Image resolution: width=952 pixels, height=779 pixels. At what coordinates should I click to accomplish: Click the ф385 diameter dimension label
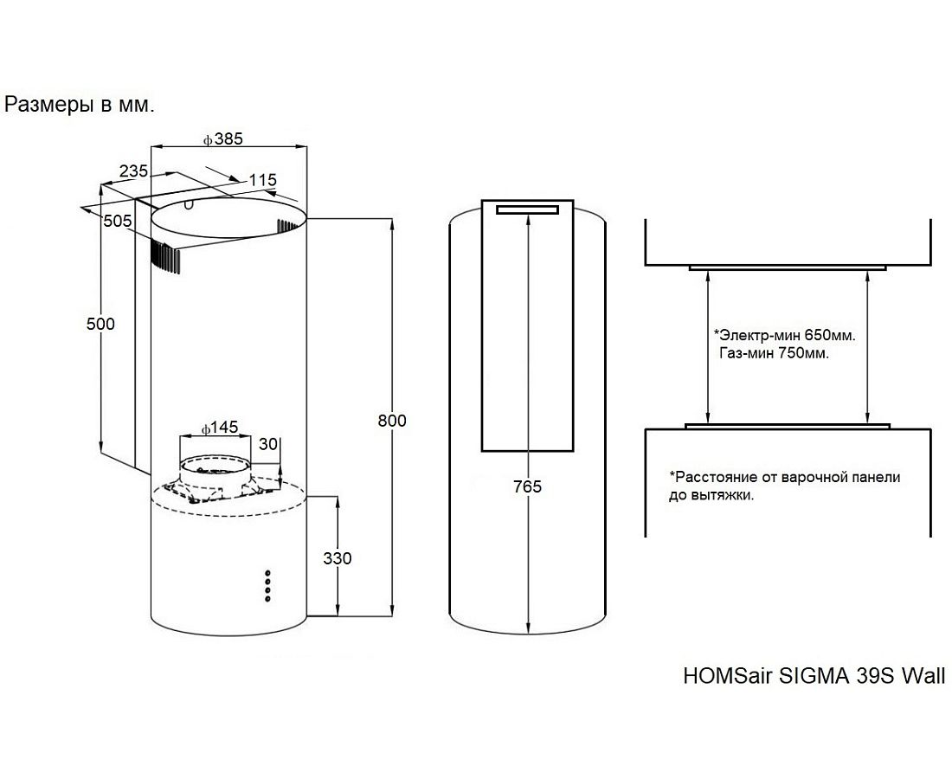tap(222, 138)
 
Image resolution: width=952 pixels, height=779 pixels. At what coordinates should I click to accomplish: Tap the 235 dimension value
tap(133, 171)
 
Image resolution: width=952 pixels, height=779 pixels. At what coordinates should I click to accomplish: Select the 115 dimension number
tap(261, 180)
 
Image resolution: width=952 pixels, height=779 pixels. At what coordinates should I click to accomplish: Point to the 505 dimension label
tap(117, 221)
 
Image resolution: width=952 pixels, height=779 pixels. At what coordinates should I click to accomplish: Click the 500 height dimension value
tap(100, 324)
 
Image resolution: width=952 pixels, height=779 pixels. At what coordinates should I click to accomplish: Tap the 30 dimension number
tap(268, 444)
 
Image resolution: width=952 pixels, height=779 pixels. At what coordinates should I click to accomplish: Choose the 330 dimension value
tap(337, 558)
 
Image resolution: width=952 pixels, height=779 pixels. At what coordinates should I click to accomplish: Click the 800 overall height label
tap(392, 421)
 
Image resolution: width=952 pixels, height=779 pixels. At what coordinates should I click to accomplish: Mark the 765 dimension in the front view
tap(526, 486)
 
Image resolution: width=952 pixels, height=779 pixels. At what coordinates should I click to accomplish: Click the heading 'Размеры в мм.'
tap(80, 106)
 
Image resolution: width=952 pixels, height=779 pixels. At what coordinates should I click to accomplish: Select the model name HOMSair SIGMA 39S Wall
tap(814, 675)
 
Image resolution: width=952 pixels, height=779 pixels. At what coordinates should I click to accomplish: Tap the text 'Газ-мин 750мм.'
tap(773, 353)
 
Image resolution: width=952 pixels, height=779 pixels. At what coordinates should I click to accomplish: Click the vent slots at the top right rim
tap(289, 226)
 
